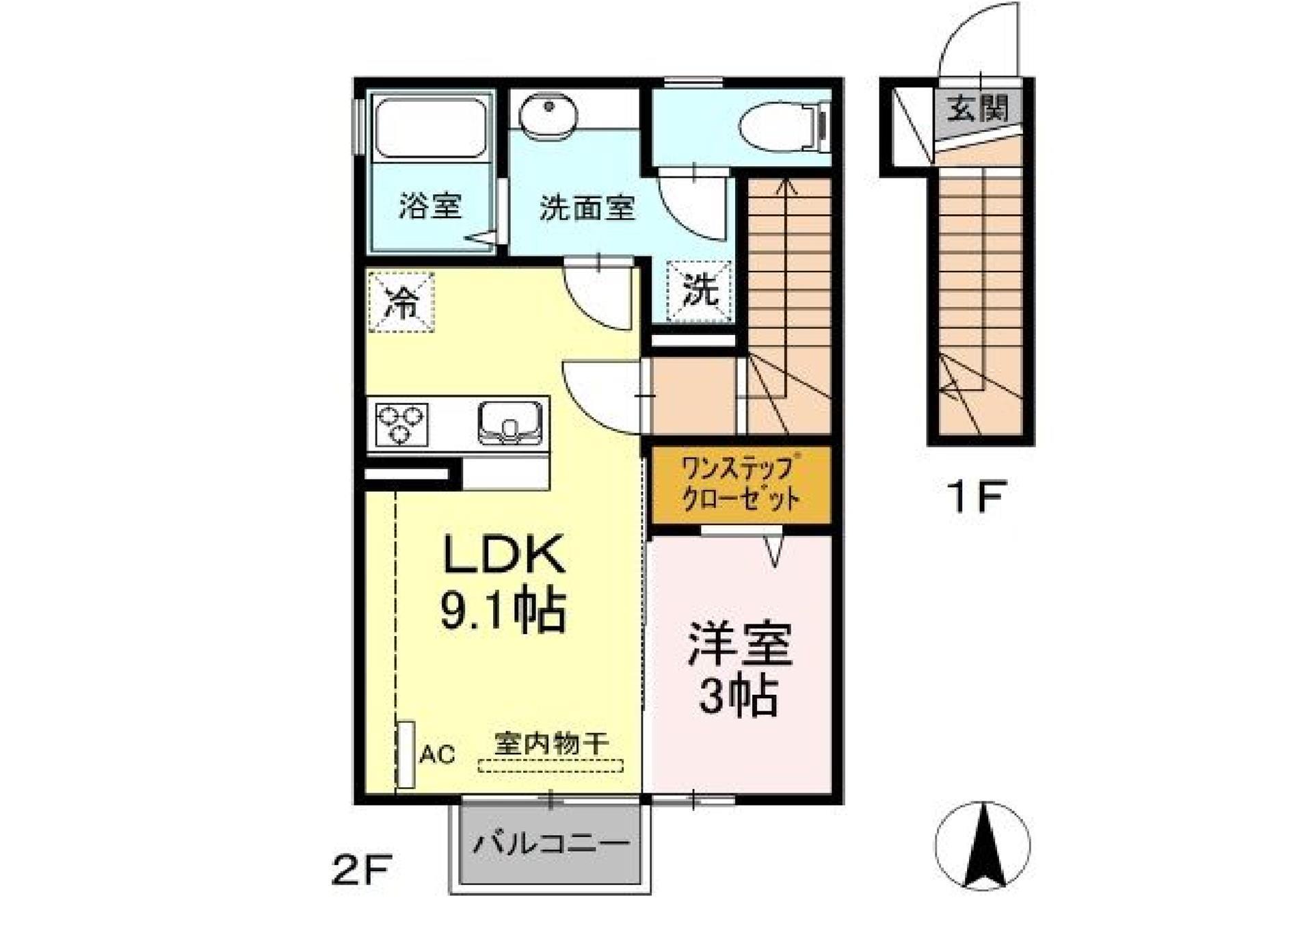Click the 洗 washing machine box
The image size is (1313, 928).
[700, 291]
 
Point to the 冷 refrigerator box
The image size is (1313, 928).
[401, 302]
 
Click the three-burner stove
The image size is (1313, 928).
[401, 424]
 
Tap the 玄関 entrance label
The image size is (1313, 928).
[978, 108]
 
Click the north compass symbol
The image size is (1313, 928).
[983, 845]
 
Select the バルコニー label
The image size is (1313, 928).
[551, 843]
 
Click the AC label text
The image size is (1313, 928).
[437, 755]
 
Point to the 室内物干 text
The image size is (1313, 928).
[551, 744]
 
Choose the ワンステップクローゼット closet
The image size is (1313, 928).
[741, 485]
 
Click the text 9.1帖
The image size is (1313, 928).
[503, 610]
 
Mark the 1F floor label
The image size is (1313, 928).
[975, 496]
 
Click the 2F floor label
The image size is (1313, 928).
[360, 871]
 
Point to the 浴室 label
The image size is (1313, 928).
[430, 205]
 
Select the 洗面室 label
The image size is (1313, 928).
[587, 208]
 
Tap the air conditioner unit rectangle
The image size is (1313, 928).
[406, 754]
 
